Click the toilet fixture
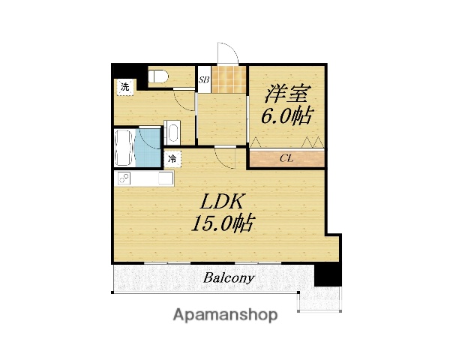(x=158, y=76)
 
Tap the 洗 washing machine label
(x=124, y=86)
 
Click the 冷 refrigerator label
(x=172, y=159)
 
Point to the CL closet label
(x=286, y=158)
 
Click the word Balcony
(x=229, y=278)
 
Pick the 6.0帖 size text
(x=286, y=116)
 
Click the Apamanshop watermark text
(x=225, y=316)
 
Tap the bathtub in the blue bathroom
(x=124, y=148)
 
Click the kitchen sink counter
(x=143, y=179)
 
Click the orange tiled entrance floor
(x=228, y=76)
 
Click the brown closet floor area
(x=286, y=158)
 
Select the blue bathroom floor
(x=148, y=148)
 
